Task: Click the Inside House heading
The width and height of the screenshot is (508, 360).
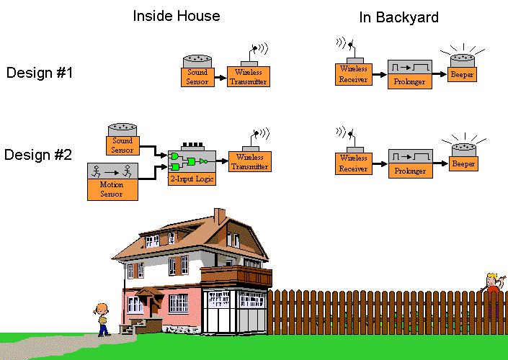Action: pos(177,16)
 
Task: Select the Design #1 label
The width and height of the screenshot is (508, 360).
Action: pos(40,73)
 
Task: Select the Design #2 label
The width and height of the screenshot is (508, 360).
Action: pos(38,154)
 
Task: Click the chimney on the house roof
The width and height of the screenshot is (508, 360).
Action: pos(219,216)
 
